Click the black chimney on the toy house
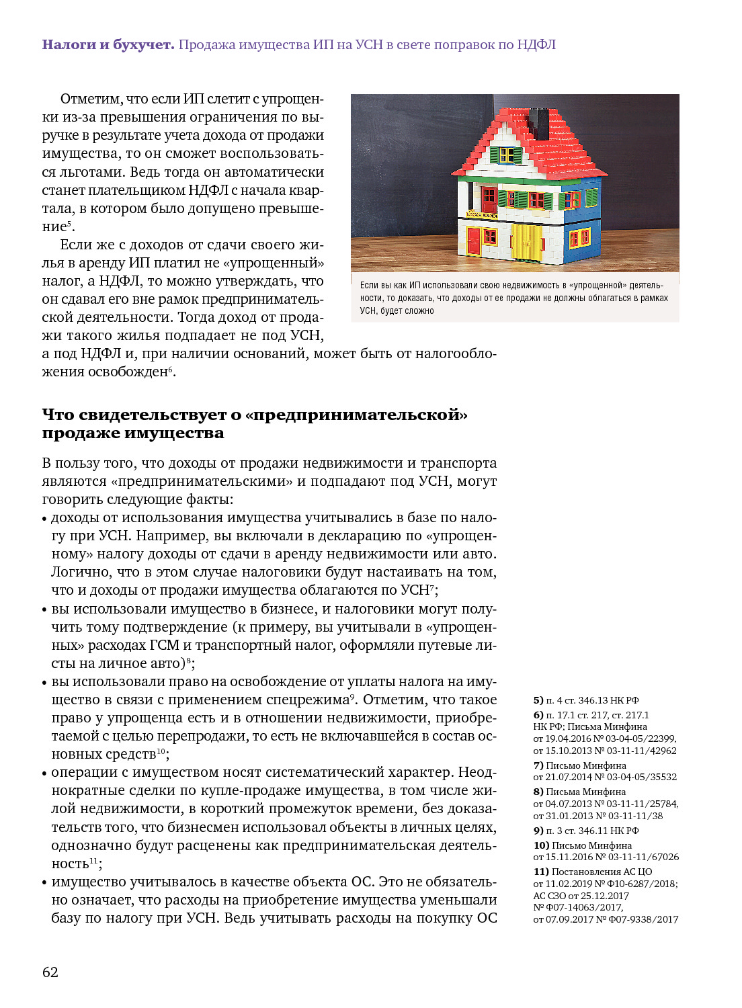click(538, 121)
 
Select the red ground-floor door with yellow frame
click(474, 241)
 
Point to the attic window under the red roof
click(506, 155)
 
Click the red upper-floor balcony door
click(489, 199)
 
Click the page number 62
click(50, 972)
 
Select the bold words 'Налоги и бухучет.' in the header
click(108, 45)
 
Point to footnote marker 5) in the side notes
click(538, 700)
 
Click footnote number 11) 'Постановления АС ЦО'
click(541, 872)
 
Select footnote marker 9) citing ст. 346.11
click(538, 831)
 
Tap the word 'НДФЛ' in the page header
click(536, 45)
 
